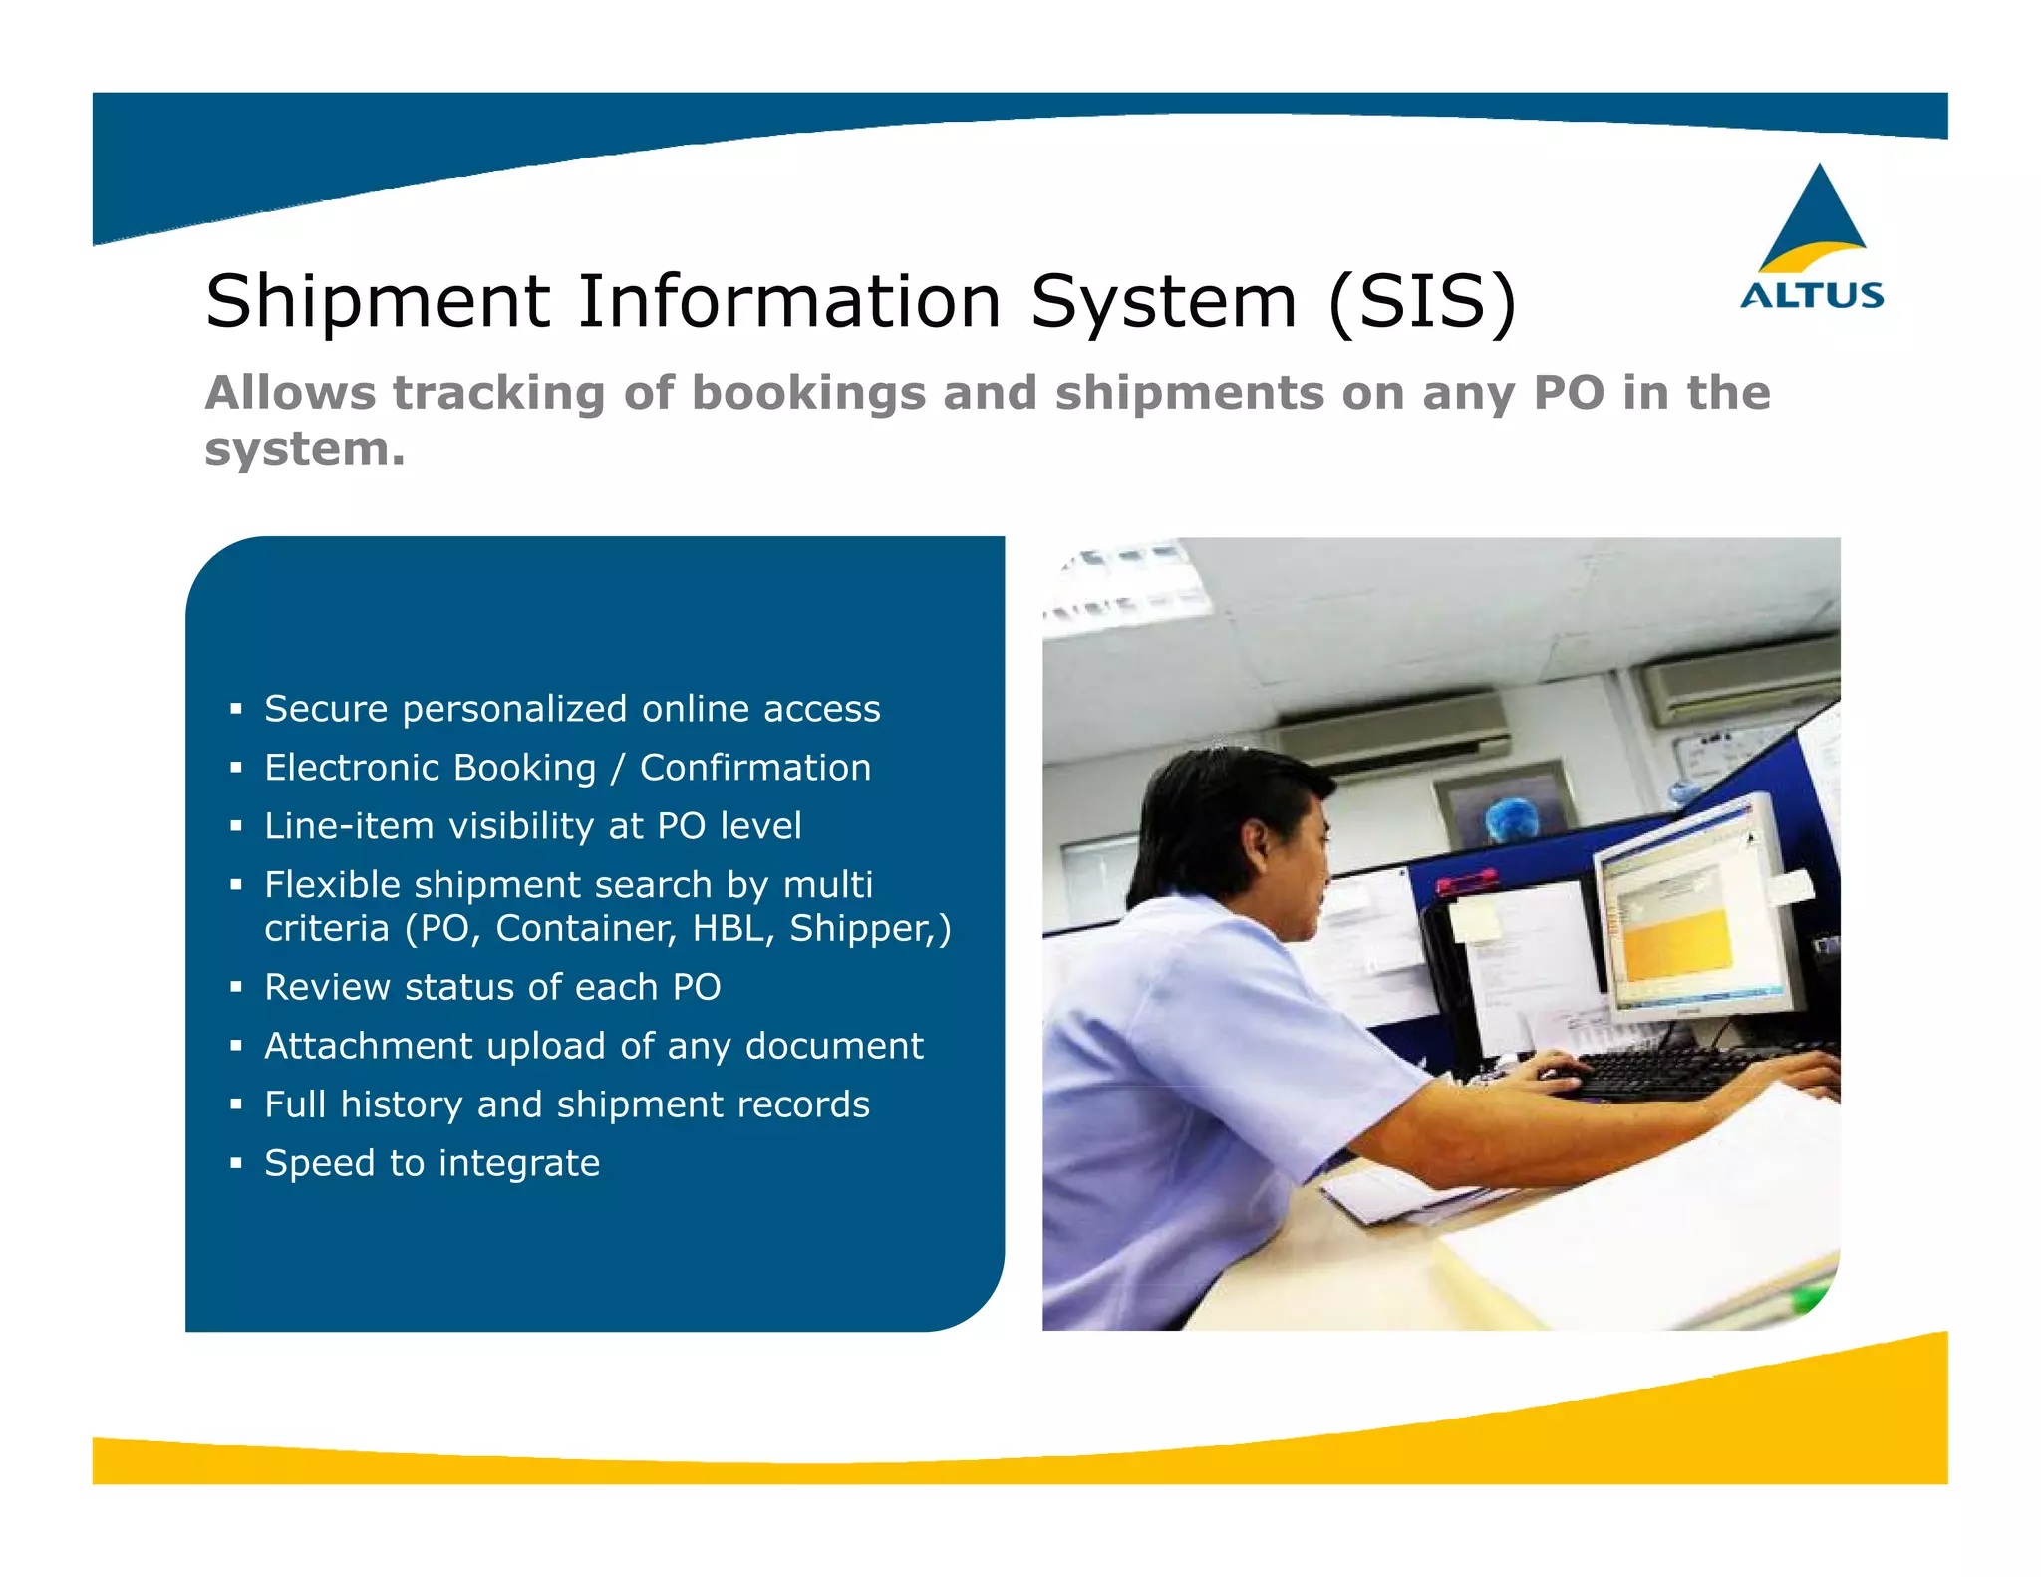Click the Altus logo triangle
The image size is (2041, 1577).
(1817, 219)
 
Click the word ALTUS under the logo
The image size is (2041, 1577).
(1812, 295)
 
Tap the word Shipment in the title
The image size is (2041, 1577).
(378, 301)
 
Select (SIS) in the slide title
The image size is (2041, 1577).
(1422, 301)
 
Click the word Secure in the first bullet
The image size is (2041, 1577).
(326, 709)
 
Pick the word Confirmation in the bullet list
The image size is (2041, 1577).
(755, 768)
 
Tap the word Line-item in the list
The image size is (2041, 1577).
(348, 826)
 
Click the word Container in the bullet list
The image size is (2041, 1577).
(586, 928)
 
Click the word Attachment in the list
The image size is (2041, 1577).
(369, 1046)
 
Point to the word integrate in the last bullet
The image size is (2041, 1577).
(519, 1163)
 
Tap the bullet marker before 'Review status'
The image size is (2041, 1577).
(236, 987)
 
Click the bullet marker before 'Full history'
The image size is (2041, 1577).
(236, 1104)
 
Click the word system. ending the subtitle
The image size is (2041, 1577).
(305, 449)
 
